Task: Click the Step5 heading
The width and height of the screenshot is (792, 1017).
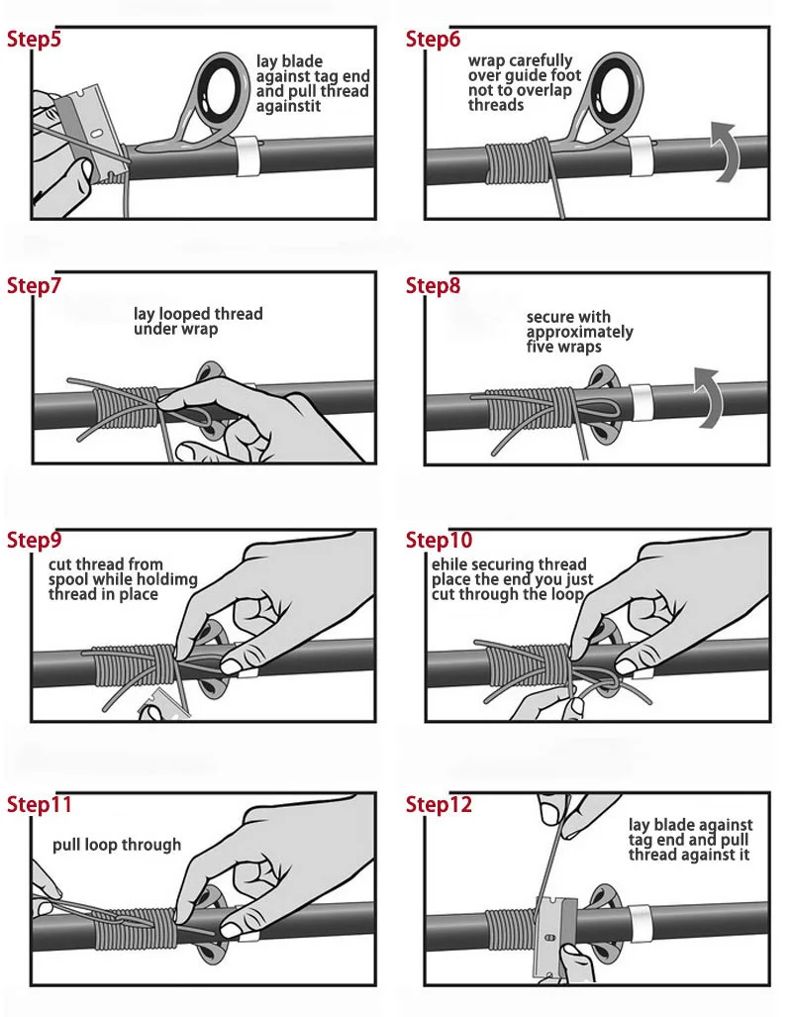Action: (34, 39)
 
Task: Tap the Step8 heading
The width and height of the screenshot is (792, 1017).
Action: (433, 285)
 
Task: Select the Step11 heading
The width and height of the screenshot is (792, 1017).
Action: (39, 804)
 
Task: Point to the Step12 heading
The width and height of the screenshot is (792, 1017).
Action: (439, 804)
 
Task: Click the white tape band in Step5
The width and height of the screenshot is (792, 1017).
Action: (247, 155)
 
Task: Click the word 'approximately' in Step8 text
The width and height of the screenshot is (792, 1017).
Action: (579, 332)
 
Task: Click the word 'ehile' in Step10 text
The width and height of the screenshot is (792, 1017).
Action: (448, 564)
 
